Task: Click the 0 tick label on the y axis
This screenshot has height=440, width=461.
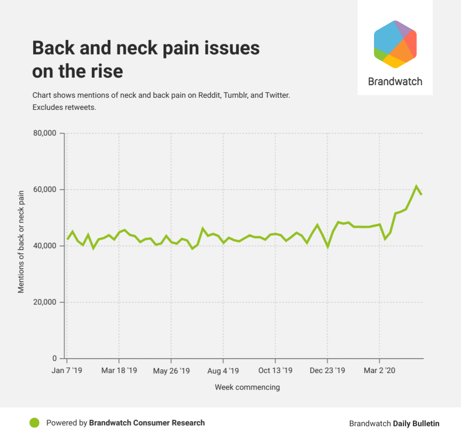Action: pos(54,359)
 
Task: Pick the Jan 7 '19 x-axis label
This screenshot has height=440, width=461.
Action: pos(67,371)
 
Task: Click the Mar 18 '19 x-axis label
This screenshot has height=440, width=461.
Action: pos(119,371)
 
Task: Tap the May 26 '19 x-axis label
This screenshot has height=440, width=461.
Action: pos(171,371)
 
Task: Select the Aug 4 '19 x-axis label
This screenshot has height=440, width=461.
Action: pos(223,371)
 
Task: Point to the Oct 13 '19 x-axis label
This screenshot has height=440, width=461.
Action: pos(275,371)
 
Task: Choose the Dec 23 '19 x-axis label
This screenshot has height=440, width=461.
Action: pos(327,371)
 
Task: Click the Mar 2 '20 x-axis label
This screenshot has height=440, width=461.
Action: pos(380,371)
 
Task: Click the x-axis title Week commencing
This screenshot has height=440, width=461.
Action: pos(247,387)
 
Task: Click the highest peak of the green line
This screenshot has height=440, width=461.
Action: pos(416,187)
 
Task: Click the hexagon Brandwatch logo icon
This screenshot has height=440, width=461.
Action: pos(395,44)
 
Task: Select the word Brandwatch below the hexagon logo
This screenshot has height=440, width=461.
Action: pos(395,81)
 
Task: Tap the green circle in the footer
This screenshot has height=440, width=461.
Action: pos(34,423)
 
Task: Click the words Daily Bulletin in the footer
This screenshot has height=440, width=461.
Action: pos(416,423)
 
